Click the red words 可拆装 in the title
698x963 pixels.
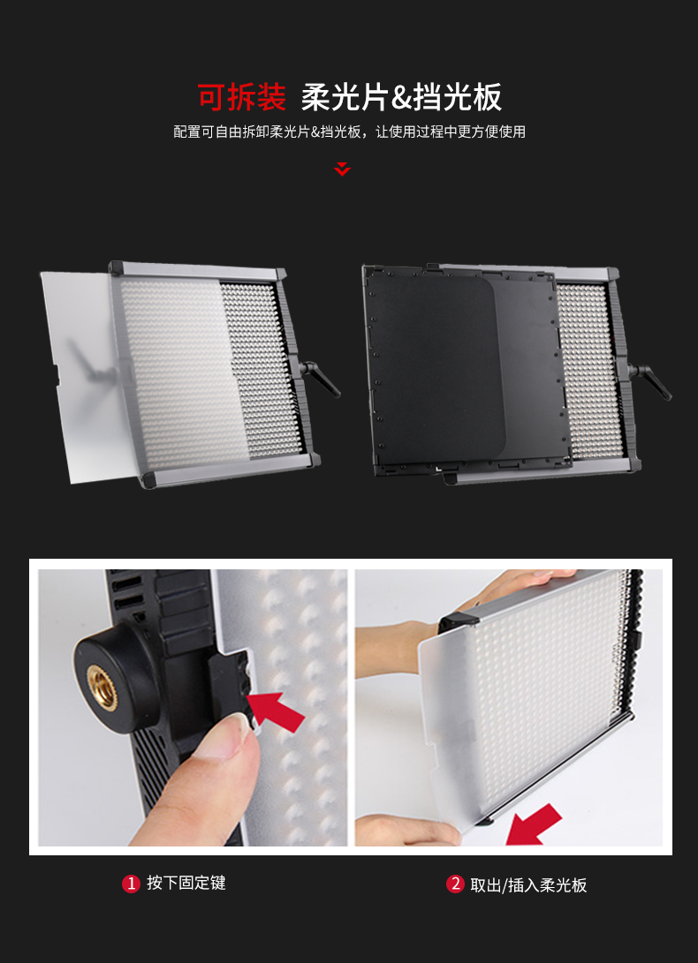point(242,97)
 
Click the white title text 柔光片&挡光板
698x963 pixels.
point(401,97)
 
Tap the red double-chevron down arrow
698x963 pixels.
point(342,169)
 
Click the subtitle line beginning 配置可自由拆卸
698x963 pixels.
point(349,132)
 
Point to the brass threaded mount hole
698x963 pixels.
point(102,688)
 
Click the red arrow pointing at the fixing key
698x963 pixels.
point(277,711)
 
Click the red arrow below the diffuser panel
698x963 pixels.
point(534,824)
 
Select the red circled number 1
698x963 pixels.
point(131,884)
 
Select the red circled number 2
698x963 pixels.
point(455,884)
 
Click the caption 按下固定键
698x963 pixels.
point(186,884)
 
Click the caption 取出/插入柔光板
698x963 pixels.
point(528,885)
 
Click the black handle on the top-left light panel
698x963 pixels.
point(320,377)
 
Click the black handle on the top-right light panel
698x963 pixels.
point(650,380)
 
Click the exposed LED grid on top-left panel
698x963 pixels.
point(262,368)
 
